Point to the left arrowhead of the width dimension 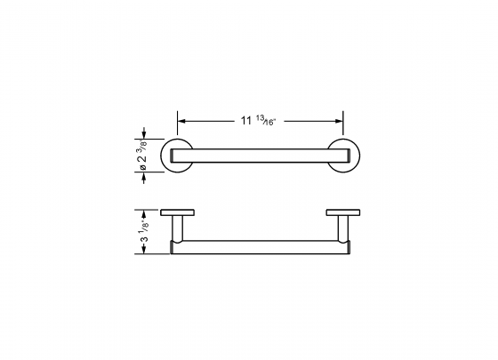(x=182, y=119)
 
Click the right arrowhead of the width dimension (x=340, y=119)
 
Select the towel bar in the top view (x=261, y=156)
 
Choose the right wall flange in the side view (x=342, y=213)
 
